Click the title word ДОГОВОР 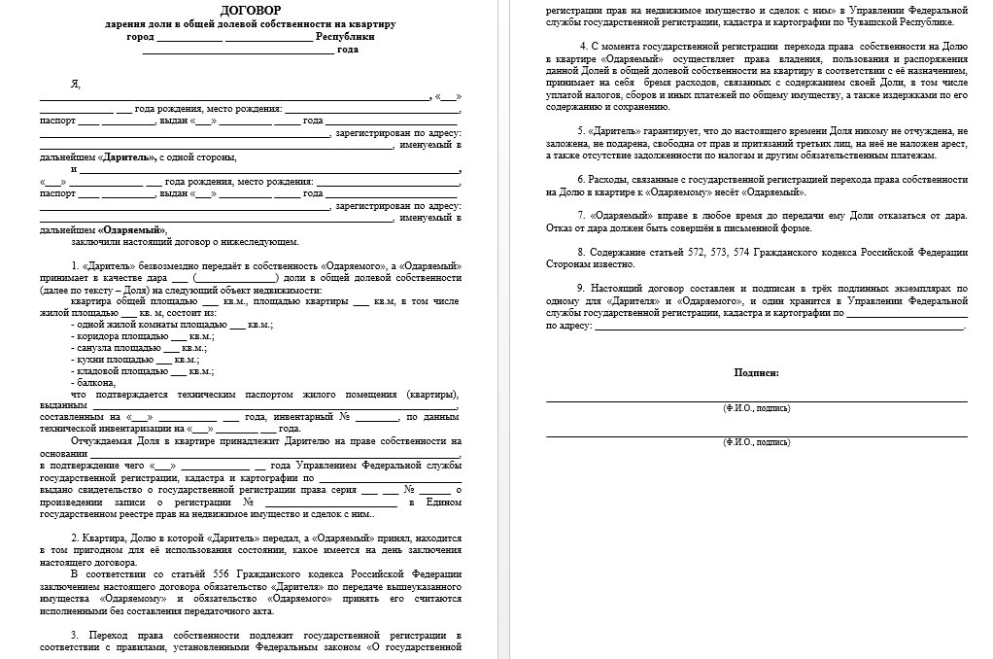coord(251,9)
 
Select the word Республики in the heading coord(345,36)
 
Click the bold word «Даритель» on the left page coord(120,156)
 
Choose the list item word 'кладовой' coord(100,371)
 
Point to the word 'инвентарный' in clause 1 coord(304,416)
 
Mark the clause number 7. coord(579,214)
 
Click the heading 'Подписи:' coord(756,372)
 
